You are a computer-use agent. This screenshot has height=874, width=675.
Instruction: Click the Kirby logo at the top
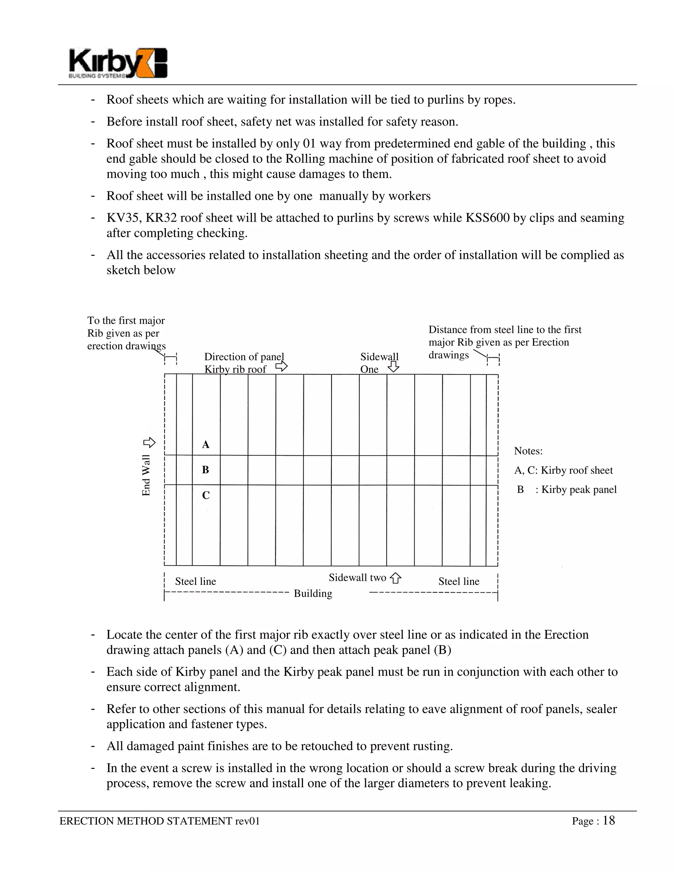(118, 63)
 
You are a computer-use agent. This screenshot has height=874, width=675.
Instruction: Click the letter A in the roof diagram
(206, 445)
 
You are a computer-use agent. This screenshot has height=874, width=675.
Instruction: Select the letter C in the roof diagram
(206, 495)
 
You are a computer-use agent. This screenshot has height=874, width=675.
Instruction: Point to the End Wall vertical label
(146, 475)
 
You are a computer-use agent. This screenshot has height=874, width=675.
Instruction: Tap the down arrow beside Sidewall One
(394, 366)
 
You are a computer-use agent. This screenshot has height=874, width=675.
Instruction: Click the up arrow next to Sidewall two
(396, 578)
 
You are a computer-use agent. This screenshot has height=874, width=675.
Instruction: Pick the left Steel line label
(195, 581)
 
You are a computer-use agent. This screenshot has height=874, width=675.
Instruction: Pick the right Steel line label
(459, 581)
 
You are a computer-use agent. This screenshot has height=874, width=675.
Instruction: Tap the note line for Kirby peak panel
(567, 489)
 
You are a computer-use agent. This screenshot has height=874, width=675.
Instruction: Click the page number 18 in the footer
(609, 821)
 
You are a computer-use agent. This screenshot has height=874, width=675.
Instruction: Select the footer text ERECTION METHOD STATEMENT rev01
(160, 821)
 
